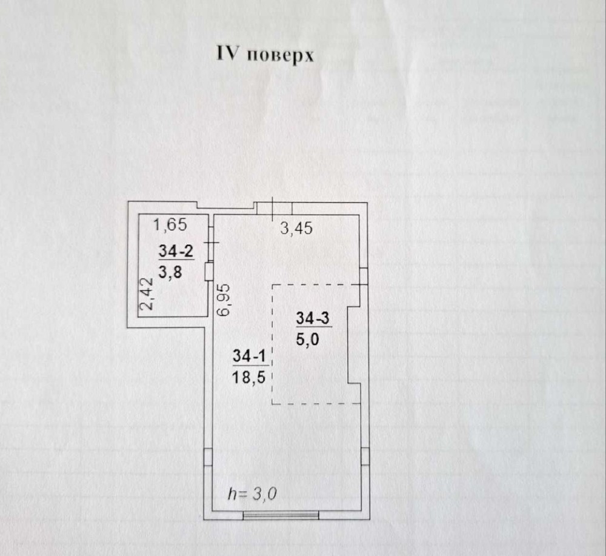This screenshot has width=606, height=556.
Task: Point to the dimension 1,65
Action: point(170,226)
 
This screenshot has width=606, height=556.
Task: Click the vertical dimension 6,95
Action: point(224,299)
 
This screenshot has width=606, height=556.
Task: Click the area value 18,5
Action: point(248,377)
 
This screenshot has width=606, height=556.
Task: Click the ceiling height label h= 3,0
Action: point(252,494)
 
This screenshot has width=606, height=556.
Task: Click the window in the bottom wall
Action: point(281,515)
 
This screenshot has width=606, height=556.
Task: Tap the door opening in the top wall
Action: point(274,208)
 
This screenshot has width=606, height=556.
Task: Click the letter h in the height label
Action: point(231,494)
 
